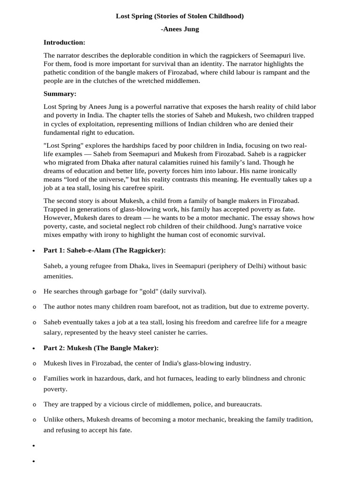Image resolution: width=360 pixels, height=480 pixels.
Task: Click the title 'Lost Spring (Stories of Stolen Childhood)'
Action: [180, 16]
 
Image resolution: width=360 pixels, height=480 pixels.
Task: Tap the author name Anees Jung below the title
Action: [180, 29]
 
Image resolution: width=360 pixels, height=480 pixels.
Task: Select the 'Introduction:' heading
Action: [64, 42]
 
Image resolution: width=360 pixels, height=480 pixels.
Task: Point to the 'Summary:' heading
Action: [60, 93]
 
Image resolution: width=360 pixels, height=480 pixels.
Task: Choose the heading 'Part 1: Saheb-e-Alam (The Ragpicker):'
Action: [105, 250]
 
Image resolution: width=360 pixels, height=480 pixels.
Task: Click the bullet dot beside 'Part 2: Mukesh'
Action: [34, 349]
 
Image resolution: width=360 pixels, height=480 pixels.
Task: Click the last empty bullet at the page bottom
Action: [34, 462]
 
